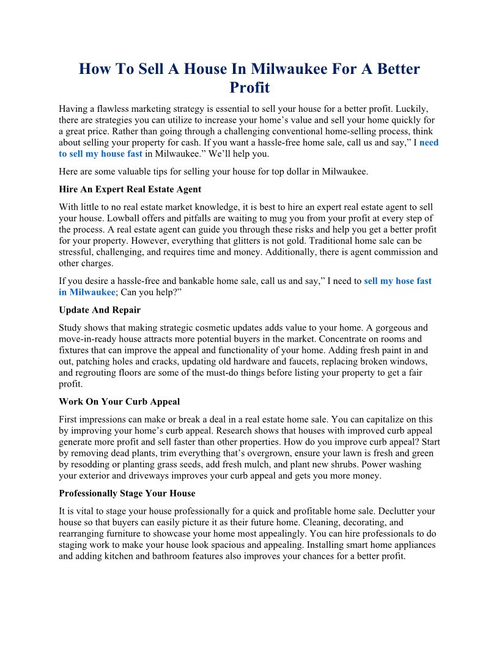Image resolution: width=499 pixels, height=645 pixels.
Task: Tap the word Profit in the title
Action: (x=250, y=87)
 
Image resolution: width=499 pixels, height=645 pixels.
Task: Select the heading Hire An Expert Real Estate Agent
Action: (x=130, y=189)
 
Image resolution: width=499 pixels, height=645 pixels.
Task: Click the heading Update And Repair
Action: (x=100, y=310)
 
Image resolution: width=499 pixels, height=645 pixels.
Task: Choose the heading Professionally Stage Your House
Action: (x=127, y=493)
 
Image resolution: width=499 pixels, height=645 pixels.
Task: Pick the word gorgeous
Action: (x=382, y=328)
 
